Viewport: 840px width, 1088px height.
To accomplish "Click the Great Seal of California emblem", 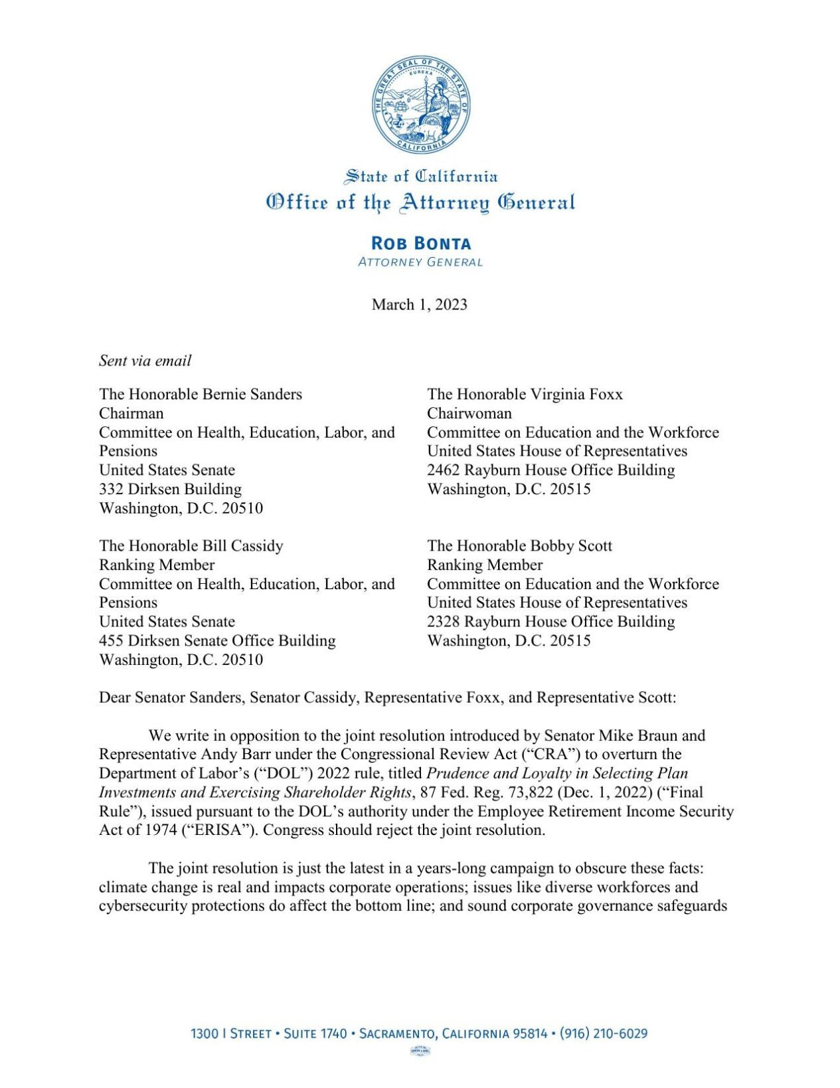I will [420, 105].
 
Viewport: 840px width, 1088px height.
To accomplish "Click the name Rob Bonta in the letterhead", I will [420, 243].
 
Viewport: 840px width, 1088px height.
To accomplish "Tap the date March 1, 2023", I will [420, 304].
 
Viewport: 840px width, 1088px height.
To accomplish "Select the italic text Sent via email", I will [145, 361].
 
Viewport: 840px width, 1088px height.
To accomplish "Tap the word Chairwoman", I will [469, 413].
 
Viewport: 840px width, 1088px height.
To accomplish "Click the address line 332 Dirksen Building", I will [170, 489].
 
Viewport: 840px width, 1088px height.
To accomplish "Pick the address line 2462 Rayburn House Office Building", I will [550, 470].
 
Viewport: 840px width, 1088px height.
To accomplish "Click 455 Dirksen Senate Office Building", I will [217, 640].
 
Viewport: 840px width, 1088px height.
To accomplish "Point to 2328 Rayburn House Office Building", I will [550, 621].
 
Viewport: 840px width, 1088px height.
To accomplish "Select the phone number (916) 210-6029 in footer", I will [603, 1034].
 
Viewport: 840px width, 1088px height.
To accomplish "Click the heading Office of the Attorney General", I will [420, 203].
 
